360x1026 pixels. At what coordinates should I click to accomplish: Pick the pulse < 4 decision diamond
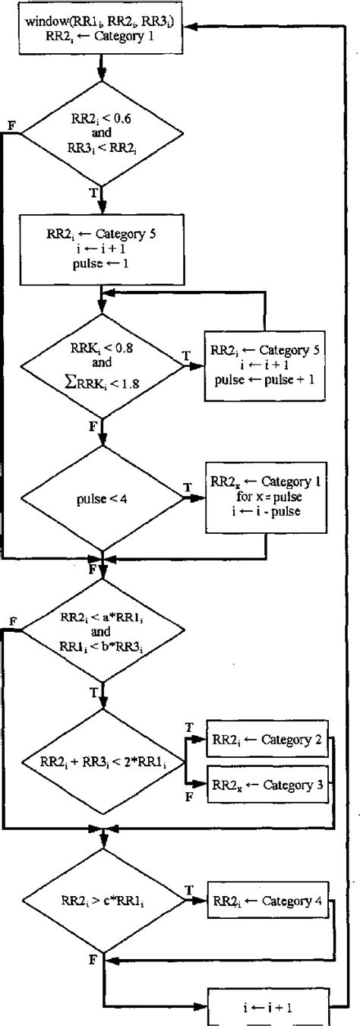coord(102,499)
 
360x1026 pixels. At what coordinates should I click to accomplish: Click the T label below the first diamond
coord(93,192)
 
